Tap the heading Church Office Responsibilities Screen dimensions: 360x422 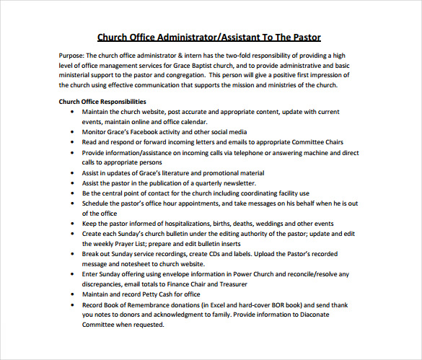point(102,102)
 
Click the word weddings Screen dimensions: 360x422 point(273,224)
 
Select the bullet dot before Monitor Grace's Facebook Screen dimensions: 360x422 point(72,133)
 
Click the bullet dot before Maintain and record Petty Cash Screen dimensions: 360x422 point(72,294)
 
